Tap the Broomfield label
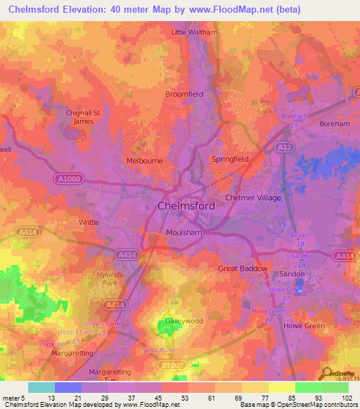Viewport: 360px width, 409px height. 184,93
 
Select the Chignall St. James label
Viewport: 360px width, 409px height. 84,117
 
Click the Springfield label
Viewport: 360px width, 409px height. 231,160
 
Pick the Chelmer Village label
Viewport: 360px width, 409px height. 252,198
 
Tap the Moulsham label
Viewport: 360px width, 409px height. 184,233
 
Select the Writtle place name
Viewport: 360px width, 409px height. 89,222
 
